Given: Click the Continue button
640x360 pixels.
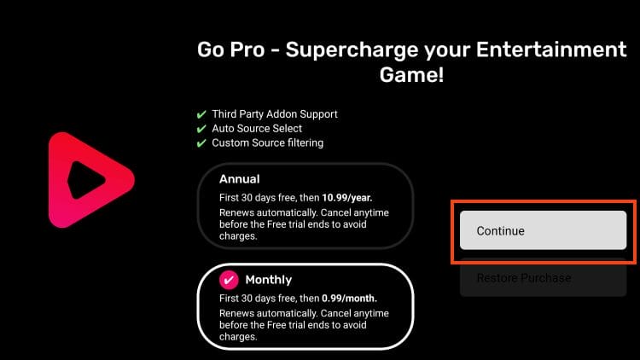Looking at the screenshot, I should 543,230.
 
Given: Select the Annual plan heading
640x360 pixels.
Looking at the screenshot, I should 239,180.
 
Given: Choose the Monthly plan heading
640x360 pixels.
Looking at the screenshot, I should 268,280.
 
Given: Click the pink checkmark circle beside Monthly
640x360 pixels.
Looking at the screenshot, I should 229,280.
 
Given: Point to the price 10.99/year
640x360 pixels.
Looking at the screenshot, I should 341,197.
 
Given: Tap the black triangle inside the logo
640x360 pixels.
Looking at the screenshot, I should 86,180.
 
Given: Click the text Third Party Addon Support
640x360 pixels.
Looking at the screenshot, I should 275,114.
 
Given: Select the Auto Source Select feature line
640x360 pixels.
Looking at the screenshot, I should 257,129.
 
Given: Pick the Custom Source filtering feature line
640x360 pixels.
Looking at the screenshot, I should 267,143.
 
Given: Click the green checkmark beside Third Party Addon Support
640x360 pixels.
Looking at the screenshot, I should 201,114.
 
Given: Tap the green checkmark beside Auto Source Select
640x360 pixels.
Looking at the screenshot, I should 201,129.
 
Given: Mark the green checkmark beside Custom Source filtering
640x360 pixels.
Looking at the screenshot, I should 201,143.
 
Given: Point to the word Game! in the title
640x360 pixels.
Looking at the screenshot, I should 411,75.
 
